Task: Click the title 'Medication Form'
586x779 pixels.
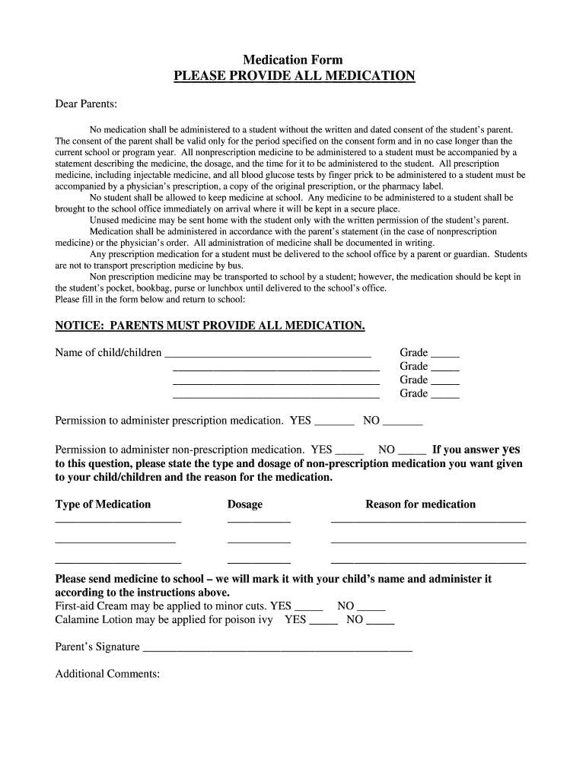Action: (293, 59)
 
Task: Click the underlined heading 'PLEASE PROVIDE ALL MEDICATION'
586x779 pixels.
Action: (295, 76)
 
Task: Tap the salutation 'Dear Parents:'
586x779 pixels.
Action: (86, 103)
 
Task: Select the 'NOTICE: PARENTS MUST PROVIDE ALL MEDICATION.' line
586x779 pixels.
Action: (210, 326)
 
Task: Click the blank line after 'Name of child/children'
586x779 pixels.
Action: (268, 354)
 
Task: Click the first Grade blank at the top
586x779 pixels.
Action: (445, 354)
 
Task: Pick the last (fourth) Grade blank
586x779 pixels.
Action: (445, 395)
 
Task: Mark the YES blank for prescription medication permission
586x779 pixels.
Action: (334, 422)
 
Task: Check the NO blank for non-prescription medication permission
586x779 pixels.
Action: (412, 451)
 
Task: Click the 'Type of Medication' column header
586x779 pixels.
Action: (103, 504)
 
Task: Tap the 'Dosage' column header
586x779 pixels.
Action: (245, 504)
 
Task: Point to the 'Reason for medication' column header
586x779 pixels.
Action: (420, 504)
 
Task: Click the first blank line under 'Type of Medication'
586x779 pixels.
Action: (118, 521)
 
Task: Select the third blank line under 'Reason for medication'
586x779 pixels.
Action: (428, 561)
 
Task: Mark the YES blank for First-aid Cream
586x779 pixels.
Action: (308, 608)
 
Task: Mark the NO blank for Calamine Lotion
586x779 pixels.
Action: (380, 622)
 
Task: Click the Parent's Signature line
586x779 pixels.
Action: (278, 649)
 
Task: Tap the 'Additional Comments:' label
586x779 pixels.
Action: (107, 674)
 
